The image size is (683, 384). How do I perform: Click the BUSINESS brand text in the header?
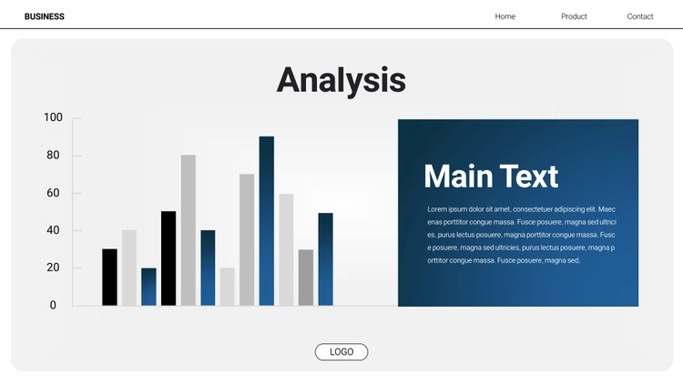pyautogui.click(x=45, y=16)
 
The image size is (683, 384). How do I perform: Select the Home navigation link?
pyautogui.click(x=505, y=16)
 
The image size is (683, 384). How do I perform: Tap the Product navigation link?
pyautogui.click(x=574, y=16)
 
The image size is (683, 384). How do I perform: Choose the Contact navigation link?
pyautogui.click(x=640, y=16)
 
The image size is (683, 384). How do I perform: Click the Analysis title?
pyautogui.click(x=341, y=81)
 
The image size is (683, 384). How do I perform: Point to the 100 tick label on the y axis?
pyautogui.click(x=53, y=117)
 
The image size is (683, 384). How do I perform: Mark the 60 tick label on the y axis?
pyautogui.click(x=53, y=193)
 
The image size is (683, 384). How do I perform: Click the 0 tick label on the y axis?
pyautogui.click(x=53, y=305)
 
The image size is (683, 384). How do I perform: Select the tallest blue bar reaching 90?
pyautogui.click(x=267, y=221)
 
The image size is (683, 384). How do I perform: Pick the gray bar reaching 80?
pyautogui.click(x=189, y=230)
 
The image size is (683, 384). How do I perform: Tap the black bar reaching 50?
pyautogui.click(x=168, y=258)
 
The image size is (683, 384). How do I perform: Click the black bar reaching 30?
pyautogui.click(x=110, y=278)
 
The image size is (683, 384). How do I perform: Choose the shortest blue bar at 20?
pyautogui.click(x=149, y=287)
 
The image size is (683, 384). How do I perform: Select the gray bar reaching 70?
pyautogui.click(x=247, y=240)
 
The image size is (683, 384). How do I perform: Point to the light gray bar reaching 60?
pyautogui.click(x=286, y=250)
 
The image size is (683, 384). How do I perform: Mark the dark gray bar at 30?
pyautogui.click(x=306, y=278)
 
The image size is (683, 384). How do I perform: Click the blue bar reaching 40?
pyautogui.click(x=208, y=268)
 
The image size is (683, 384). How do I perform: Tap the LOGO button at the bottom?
pyautogui.click(x=341, y=352)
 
